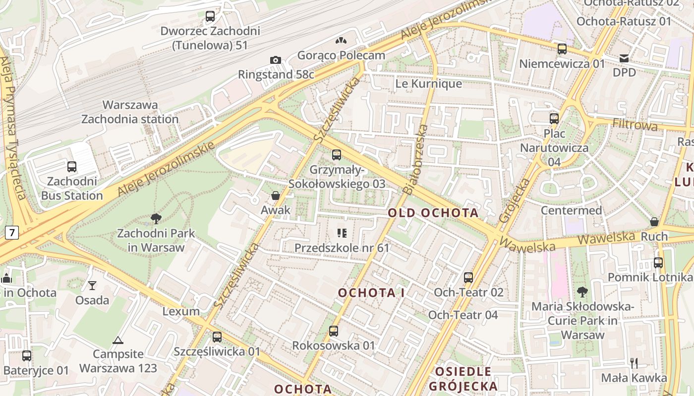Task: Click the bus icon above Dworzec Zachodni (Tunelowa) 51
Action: (x=210, y=16)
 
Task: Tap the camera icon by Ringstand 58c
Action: (x=276, y=60)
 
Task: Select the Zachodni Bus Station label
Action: (x=72, y=189)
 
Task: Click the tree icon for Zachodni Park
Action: (x=156, y=218)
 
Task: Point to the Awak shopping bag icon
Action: (x=276, y=196)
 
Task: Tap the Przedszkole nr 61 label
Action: (x=342, y=247)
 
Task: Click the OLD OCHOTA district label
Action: (x=433, y=213)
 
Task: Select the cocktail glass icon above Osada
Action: (x=92, y=285)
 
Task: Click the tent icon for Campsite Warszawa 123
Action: (x=117, y=340)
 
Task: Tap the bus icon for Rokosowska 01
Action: (x=334, y=331)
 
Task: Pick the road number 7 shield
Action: (x=12, y=232)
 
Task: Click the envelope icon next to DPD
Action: (x=624, y=58)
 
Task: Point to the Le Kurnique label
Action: (x=428, y=84)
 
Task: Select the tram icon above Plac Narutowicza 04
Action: (x=554, y=119)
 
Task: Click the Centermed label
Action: (x=571, y=210)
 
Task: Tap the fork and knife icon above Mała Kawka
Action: (x=634, y=363)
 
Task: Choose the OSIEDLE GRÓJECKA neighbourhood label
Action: (x=463, y=379)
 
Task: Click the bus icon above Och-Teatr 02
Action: (x=468, y=278)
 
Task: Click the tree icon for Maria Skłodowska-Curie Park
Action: (x=582, y=292)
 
